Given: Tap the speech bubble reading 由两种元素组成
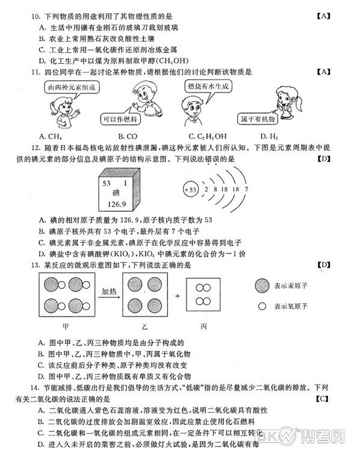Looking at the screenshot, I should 72,87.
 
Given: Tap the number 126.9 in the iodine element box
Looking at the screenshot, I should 118,205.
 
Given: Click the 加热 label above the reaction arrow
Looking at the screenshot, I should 110,291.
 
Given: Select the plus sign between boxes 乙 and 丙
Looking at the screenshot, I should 177,297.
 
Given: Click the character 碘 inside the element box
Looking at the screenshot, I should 117,193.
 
